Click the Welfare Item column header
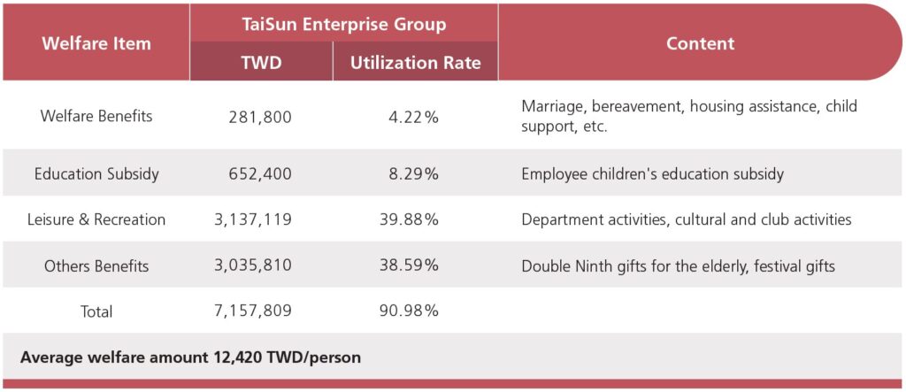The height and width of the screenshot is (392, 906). [96, 42]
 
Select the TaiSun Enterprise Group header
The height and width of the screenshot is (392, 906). [344, 24]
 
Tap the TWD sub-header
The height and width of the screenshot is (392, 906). [261, 62]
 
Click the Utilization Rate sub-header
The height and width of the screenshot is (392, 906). [416, 62]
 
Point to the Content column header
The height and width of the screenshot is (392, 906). [700, 42]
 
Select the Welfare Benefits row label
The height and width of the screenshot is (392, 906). [96, 117]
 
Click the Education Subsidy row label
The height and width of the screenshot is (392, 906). [96, 173]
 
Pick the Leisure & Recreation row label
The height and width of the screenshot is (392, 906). [96, 219]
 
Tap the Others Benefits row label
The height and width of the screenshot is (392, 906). [96, 265]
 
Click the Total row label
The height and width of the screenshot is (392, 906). [96, 311]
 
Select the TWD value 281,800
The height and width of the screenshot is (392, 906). [260, 117]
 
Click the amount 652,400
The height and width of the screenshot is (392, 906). [260, 173]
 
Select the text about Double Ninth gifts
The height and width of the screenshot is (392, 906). [678, 265]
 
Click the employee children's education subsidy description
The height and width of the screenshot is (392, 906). [652, 173]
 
